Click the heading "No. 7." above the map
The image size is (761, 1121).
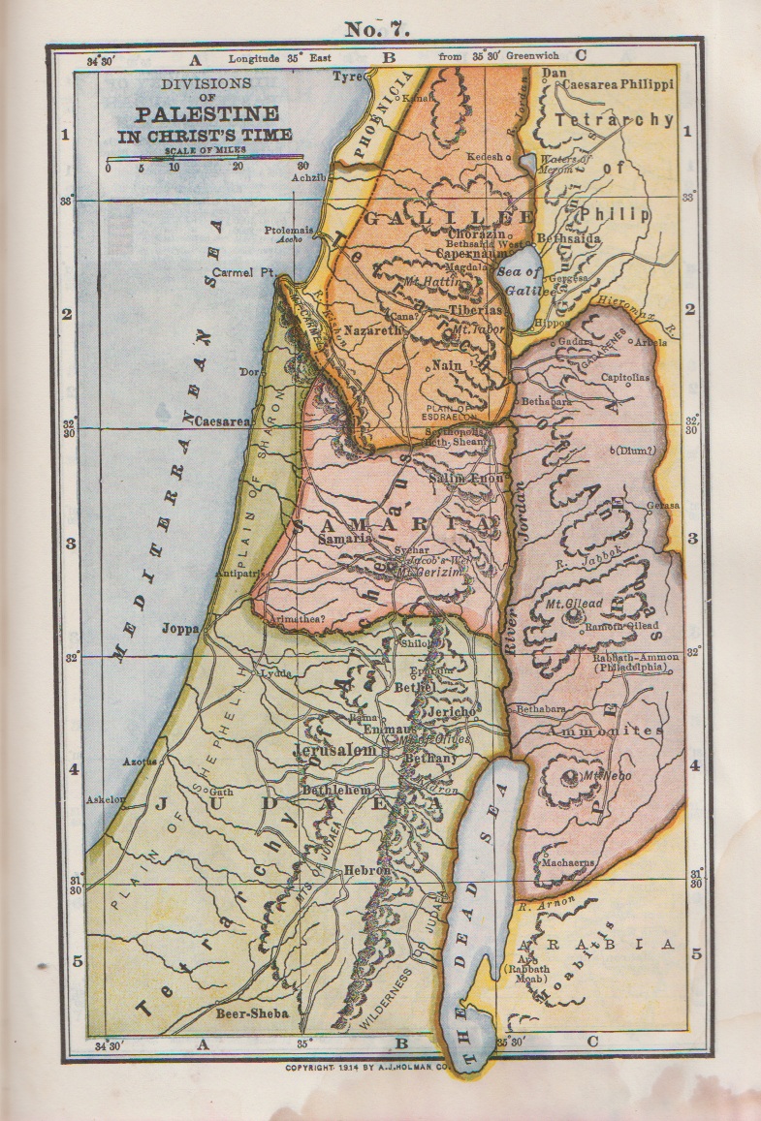coord(377,29)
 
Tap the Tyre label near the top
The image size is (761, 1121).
coord(347,77)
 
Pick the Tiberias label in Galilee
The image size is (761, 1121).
coord(475,311)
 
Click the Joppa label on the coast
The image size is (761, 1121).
coord(180,628)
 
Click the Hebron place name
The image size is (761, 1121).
coord(367,870)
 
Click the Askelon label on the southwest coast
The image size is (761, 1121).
coord(107,800)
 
